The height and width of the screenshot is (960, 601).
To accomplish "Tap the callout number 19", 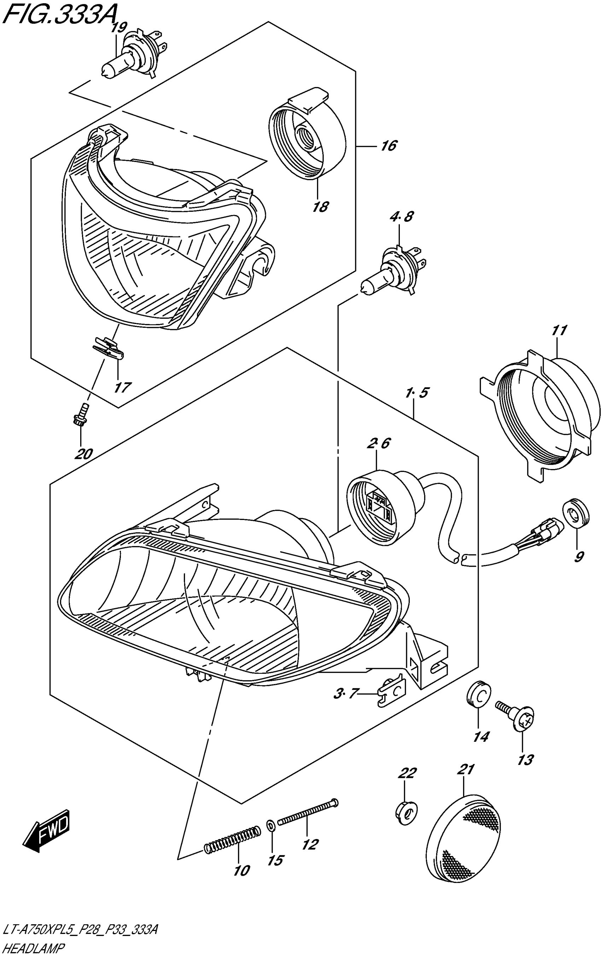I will click(x=118, y=28).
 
